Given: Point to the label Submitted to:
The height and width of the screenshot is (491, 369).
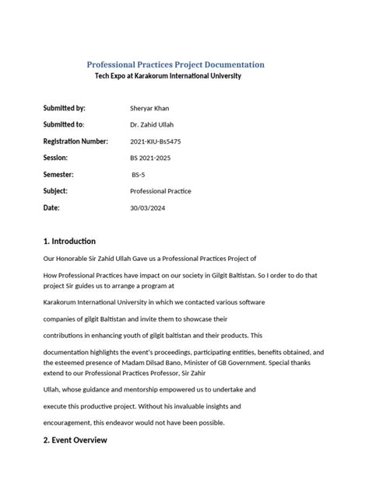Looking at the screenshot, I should click(64, 124).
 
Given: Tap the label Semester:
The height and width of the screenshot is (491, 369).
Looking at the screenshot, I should click(59, 174).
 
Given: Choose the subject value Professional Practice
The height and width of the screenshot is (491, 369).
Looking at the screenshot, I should click(161, 191).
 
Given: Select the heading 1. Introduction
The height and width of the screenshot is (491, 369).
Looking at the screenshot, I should click(69, 242).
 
